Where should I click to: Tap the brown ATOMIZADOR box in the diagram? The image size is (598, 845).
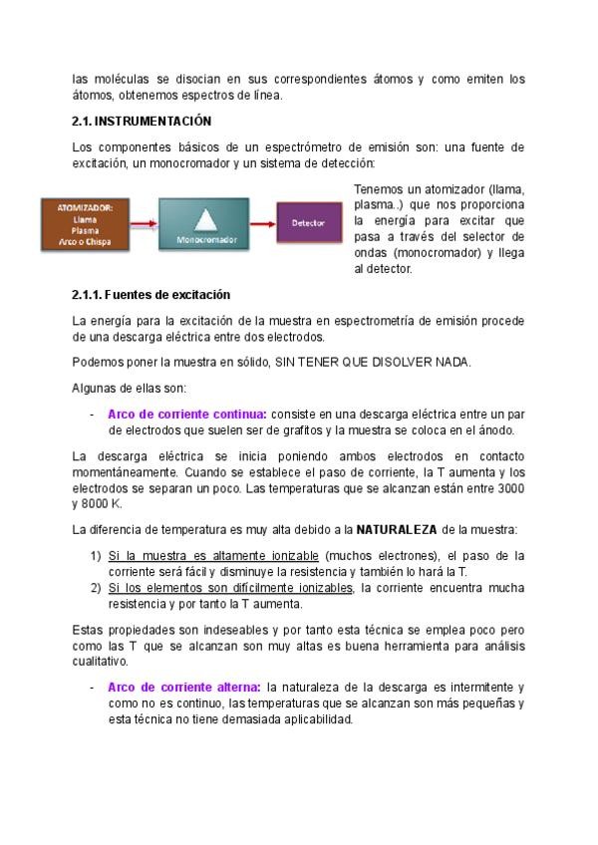pyautogui.click(x=85, y=224)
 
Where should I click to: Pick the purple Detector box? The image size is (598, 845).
pyautogui.click(x=308, y=223)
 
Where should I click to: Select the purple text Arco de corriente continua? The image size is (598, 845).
pyautogui.click(x=186, y=414)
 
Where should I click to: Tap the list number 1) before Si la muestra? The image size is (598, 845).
pyautogui.click(x=96, y=555)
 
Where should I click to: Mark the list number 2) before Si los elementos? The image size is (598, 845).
pyautogui.click(x=96, y=588)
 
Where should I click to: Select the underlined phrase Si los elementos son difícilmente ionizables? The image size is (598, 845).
pyautogui.click(x=230, y=588)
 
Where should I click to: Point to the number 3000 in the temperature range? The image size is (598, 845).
pyautogui.click(x=508, y=488)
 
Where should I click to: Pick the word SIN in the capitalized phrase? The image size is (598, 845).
pyautogui.click(x=287, y=362)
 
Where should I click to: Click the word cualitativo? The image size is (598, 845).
pyautogui.click(x=99, y=661)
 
